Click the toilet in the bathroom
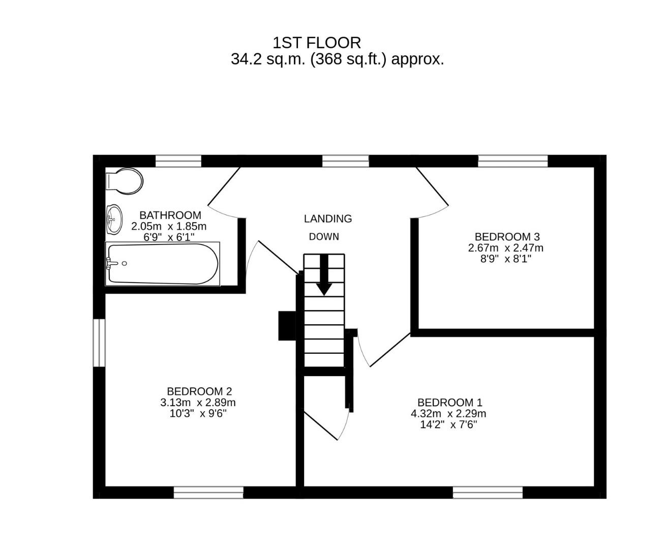pos(124,181)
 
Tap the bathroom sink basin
pos(114,220)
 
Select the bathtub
pos(162,264)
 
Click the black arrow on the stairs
pos(324,275)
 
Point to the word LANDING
pos(328,219)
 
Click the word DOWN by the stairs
pos(324,237)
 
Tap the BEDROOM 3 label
pos(507,237)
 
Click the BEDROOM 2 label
pos(199,391)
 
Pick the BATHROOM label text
pos(170,215)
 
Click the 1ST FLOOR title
pos(317,42)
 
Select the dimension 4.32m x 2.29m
pos(448,414)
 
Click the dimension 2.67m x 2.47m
pos(506,248)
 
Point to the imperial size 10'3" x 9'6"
pos(198,413)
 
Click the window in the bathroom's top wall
pos(178,162)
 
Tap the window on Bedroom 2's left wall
pos(99,342)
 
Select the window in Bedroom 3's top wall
pos(512,162)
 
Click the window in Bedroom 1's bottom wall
pos(488,492)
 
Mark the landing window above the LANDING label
pos(345,162)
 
